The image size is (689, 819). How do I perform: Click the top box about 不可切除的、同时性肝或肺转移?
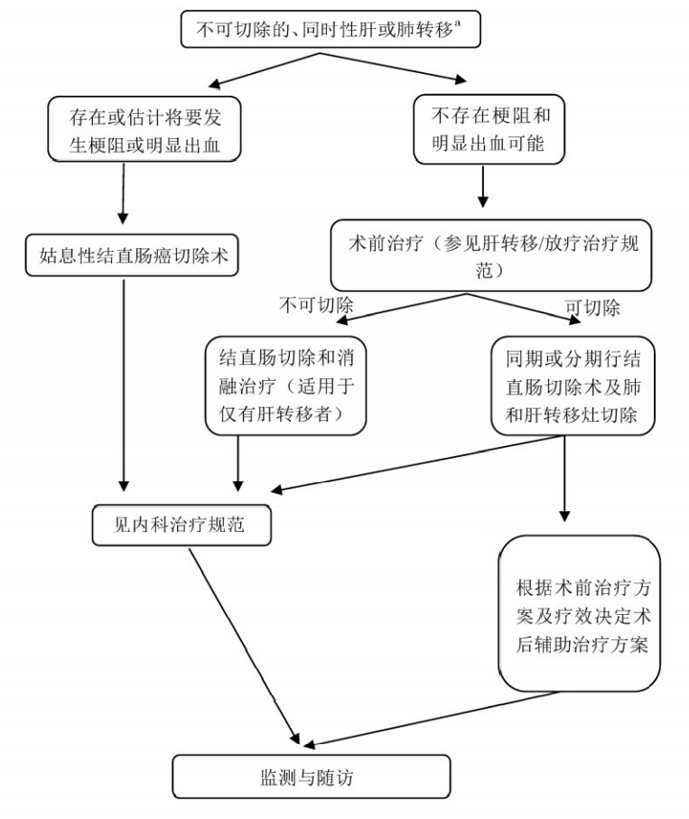(x=331, y=30)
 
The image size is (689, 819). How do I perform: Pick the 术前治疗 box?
(x=491, y=256)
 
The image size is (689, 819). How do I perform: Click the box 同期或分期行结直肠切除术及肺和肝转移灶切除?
(x=573, y=384)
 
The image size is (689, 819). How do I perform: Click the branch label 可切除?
(x=592, y=307)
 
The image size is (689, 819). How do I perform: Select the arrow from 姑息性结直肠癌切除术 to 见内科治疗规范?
(x=123, y=379)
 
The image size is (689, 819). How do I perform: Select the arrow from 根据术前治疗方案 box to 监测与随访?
(x=433, y=719)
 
